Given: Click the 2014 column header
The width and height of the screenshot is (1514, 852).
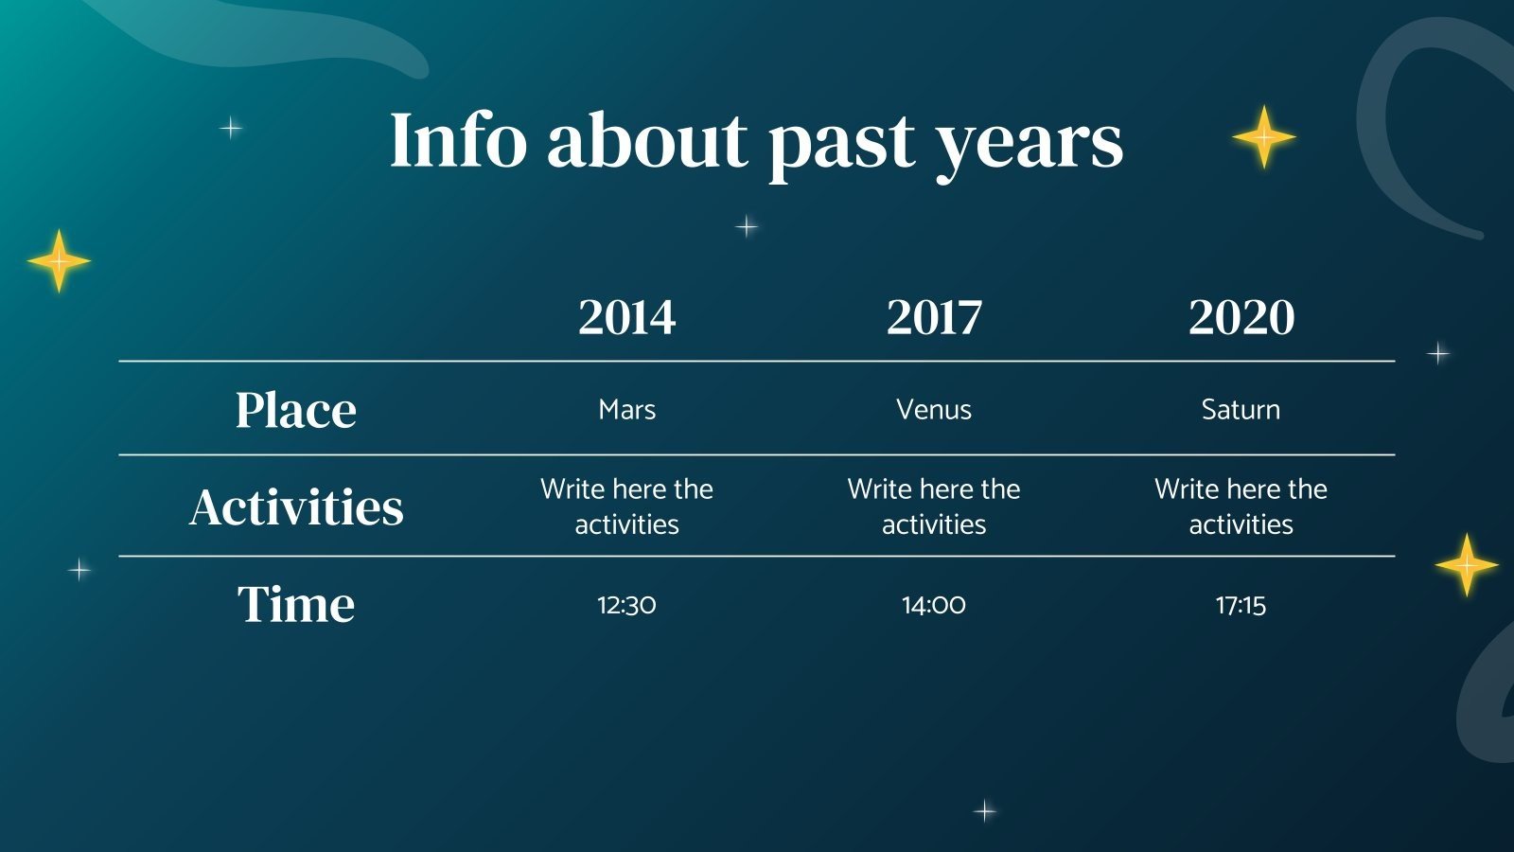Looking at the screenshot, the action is pos(626,316).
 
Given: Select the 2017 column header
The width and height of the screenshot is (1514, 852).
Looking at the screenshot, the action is pos(934,316).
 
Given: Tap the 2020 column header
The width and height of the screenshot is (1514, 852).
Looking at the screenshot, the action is pos(1241,316).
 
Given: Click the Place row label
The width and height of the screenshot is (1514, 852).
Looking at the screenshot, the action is pos(295,410).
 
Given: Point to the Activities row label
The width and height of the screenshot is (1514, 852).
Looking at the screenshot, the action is pos(296,506).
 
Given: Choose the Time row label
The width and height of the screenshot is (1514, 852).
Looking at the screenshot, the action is pos(296,604).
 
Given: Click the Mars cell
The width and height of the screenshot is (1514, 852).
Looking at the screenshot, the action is pos(626,410).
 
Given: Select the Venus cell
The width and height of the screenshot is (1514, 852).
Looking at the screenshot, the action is pos(934,410).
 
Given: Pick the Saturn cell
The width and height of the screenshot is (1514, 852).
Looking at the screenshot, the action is pos(1241,410).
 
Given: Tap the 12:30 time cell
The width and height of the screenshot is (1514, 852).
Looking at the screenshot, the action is pos(626,605).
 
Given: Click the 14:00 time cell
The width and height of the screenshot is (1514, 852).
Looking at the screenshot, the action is pos(934,605).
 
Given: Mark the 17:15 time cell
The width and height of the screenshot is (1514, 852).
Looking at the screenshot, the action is pos(1241,605).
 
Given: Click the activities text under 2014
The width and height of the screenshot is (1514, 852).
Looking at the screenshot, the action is pos(626,506).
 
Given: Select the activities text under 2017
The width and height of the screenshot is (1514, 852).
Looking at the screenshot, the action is pos(934,506).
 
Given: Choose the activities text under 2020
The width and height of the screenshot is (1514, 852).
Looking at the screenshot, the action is pos(1241,506).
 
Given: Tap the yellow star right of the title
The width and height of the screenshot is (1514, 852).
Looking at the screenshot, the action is pos(1264,137).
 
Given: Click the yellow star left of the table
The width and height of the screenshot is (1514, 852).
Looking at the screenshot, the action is pos(59,261).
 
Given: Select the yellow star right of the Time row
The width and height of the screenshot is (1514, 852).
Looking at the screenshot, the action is pos(1467,565).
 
